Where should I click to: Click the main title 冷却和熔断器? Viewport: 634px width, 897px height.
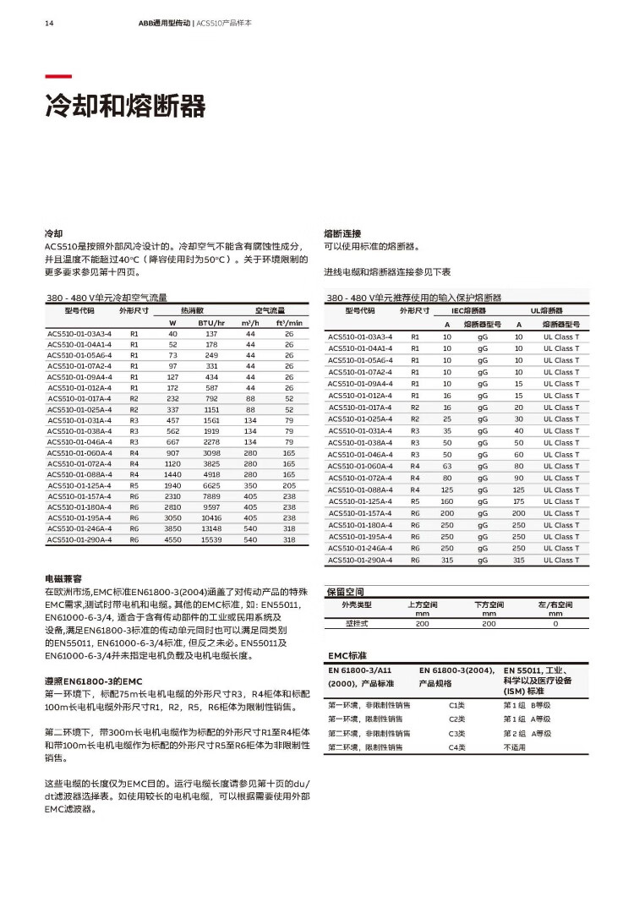point(125,107)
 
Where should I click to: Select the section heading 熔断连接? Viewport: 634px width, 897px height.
point(342,232)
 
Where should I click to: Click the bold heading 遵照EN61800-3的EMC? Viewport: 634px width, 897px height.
point(93,680)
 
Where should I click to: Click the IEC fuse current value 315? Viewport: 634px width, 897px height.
point(447,560)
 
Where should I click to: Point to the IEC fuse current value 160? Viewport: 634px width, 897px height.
point(447,501)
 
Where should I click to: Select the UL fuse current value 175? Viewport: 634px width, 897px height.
point(519,501)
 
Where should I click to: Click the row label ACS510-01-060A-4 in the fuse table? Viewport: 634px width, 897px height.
point(360,466)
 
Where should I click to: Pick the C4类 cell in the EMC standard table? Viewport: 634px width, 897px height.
point(457,747)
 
